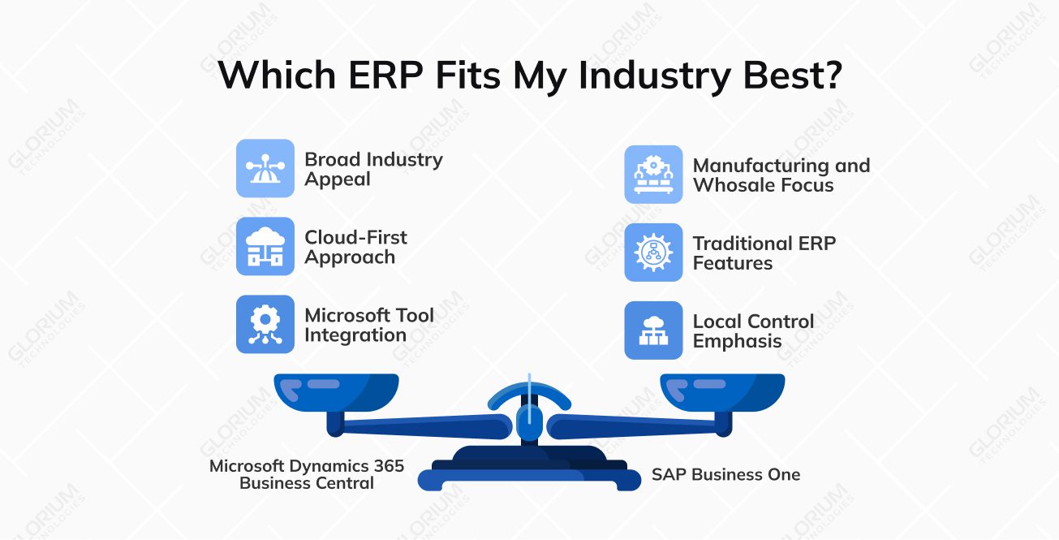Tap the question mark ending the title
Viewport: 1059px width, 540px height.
point(829,76)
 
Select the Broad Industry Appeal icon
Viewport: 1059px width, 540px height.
point(265,168)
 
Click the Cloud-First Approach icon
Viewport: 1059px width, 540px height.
point(265,246)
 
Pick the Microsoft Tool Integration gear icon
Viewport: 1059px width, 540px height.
point(265,324)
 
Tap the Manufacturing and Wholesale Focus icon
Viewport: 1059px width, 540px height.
point(653,175)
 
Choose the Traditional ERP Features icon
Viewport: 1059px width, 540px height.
point(653,253)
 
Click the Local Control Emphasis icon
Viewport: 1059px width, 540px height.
point(653,330)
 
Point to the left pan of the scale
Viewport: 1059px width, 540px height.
point(336,390)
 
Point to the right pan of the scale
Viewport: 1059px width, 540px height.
point(722,390)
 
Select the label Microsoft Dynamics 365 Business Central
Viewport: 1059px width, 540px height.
point(307,474)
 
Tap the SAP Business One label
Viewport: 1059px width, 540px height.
point(725,474)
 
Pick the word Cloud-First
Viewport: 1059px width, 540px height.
point(355,238)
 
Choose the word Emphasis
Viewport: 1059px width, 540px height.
point(737,341)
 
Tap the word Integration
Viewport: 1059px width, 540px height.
point(355,335)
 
